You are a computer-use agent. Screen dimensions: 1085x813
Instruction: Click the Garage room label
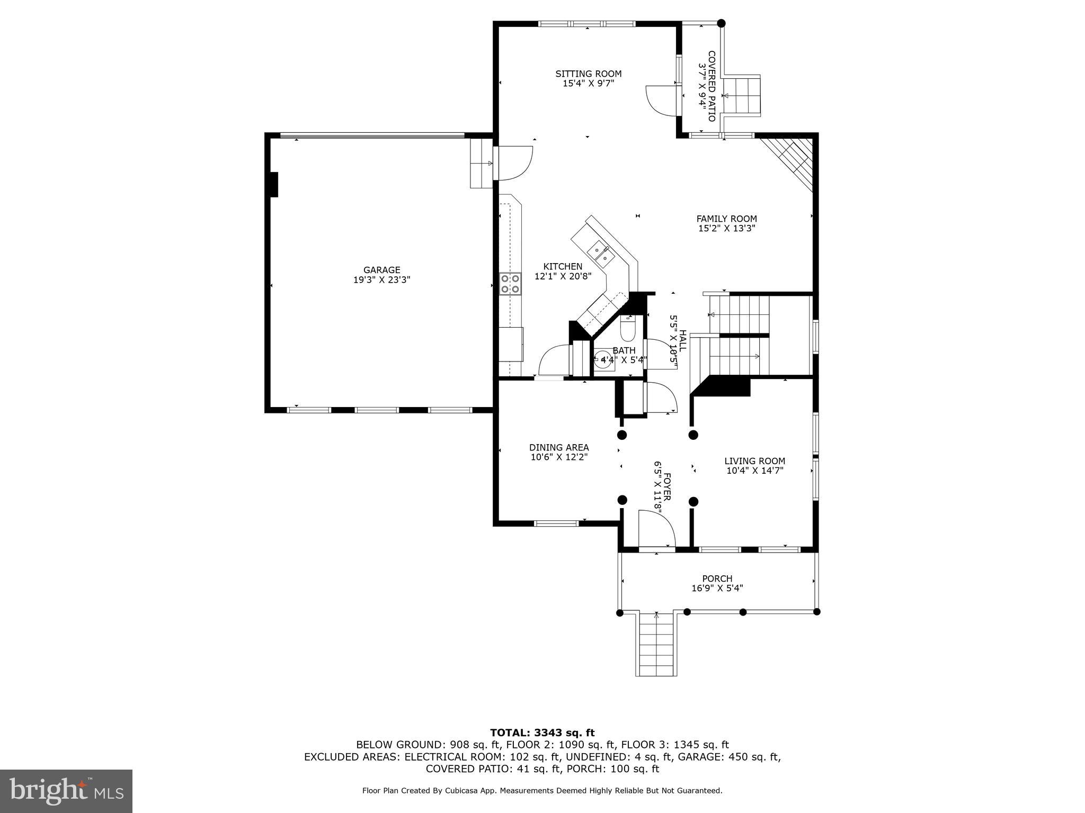pyautogui.click(x=381, y=270)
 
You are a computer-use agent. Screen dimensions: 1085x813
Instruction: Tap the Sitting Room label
pyautogui.click(x=588, y=74)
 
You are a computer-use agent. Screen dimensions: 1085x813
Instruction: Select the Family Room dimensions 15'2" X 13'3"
pyautogui.click(x=726, y=229)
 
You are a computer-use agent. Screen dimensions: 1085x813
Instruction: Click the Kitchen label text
pyautogui.click(x=563, y=267)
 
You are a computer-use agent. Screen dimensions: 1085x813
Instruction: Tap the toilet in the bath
pyautogui.click(x=628, y=328)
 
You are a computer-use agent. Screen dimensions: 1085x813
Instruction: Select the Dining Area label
pyautogui.click(x=559, y=448)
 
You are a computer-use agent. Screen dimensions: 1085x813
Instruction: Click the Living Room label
pyautogui.click(x=754, y=461)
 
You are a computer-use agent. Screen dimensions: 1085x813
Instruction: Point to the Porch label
pyautogui.click(x=717, y=579)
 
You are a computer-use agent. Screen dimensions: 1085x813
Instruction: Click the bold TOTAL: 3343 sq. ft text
pyautogui.click(x=542, y=733)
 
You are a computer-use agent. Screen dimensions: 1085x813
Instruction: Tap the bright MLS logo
pyautogui.click(x=66, y=791)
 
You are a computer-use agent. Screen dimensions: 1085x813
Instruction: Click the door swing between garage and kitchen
pyautogui.click(x=513, y=163)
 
